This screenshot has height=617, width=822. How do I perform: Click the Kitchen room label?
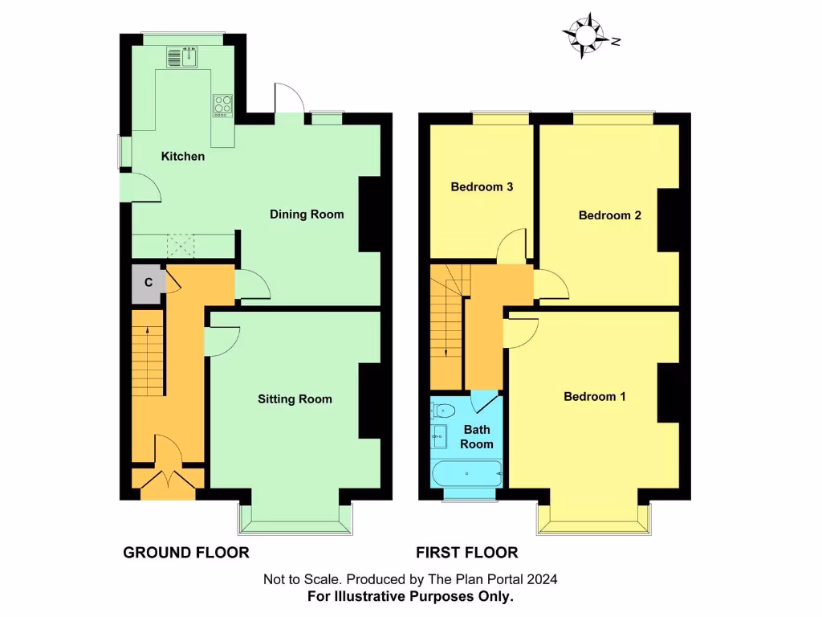pyautogui.click(x=183, y=156)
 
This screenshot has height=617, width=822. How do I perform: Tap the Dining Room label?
pyautogui.click(x=307, y=214)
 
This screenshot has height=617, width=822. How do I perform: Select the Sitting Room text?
pyautogui.click(x=295, y=398)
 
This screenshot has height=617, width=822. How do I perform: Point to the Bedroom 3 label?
pyautogui.click(x=482, y=187)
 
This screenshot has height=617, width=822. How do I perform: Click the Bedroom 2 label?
pyautogui.click(x=609, y=215)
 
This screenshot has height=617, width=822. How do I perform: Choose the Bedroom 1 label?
pyautogui.click(x=594, y=396)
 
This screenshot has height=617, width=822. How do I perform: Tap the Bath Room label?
pyautogui.click(x=476, y=437)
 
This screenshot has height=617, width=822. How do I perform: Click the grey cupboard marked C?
pyautogui.click(x=148, y=283)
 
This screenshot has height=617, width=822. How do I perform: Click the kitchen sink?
pyautogui.click(x=184, y=57)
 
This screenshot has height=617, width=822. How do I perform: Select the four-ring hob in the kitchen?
pyautogui.click(x=222, y=105)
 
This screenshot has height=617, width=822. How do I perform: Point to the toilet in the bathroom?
pyautogui.click(x=442, y=411)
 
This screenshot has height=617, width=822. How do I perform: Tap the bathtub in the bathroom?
pyautogui.click(x=466, y=473)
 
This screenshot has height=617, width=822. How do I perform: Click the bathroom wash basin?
pyautogui.click(x=439, y=439)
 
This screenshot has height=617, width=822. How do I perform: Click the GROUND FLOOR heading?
pyautogui.click(x=186, y=553)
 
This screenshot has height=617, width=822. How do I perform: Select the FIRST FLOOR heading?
pyautogui.click(x=466, y=553)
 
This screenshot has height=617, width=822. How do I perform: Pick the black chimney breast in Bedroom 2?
pyautogui.click(x=669, y=221)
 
